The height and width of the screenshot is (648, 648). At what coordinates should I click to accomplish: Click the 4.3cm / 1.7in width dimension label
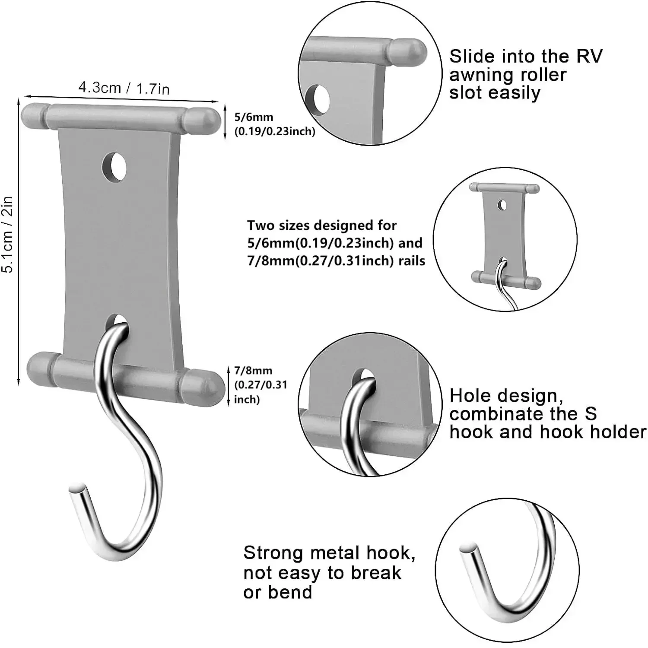[x=124, y=88]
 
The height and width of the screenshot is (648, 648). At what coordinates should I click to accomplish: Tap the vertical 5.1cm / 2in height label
[x=8, y=234]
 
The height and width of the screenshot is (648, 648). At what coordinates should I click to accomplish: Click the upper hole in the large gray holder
[x=114, y=166]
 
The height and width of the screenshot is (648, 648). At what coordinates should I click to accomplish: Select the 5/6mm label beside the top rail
[x=254, y=117]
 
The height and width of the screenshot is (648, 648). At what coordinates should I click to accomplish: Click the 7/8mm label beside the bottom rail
[x=253, y=371]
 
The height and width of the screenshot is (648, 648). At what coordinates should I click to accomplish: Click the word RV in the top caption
[x=589, y=56]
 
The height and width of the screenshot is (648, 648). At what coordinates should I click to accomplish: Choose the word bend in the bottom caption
[x=290, y=592]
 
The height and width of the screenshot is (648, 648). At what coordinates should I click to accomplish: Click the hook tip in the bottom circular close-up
[x=467, y=549]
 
